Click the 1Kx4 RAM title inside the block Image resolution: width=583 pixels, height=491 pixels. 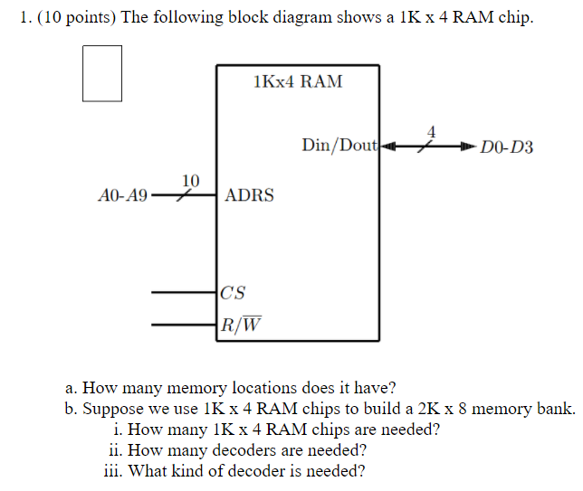pyautogui.click(x=299, y=82)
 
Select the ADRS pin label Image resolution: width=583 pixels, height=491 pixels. pyautogui.click(x=249, y=195)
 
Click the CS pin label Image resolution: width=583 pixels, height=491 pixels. pyautogui.click(x=233, y=293)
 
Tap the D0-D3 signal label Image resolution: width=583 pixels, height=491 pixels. pyautogui.click(x=507, y=146)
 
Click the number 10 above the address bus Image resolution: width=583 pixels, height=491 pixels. pyautogui.click(x=191, y=180)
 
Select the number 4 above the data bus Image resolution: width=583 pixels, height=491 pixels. pyautogui.click(x=431, y=131)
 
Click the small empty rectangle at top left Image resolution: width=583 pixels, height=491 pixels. pyautogui.click(x=101, y=74)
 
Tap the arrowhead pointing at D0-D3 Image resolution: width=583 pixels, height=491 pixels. pyautogui.click(x=467, y=146)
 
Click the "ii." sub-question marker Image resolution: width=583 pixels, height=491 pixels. pyautogui.click(x=115, y=449)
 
